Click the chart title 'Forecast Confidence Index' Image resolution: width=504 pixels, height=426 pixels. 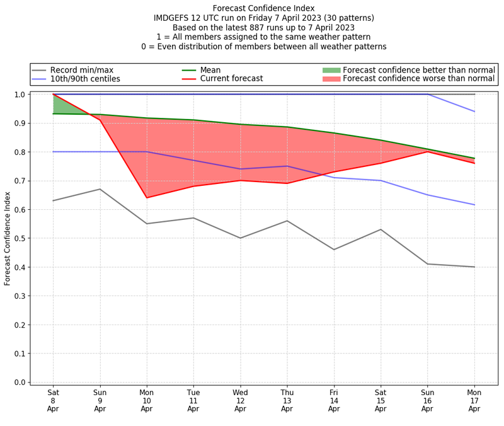pos(263,8)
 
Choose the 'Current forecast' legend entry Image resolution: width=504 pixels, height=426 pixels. pos(231,79)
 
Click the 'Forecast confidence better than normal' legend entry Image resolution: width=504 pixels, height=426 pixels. pos(419,69)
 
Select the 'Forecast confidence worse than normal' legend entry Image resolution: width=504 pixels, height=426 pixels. pos(419,79)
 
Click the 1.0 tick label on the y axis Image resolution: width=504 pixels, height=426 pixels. pos(20,95)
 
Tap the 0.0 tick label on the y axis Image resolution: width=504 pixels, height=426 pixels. pos(20,383)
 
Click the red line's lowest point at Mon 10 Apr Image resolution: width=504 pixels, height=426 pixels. pos(147,198)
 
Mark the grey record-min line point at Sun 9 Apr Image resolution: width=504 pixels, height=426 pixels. pos(100,189)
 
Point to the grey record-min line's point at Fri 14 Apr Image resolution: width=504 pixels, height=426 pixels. pos(334,250)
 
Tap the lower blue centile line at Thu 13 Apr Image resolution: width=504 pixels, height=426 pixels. pos(287,166)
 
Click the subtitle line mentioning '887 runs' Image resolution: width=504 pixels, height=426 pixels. pos(263,27)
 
